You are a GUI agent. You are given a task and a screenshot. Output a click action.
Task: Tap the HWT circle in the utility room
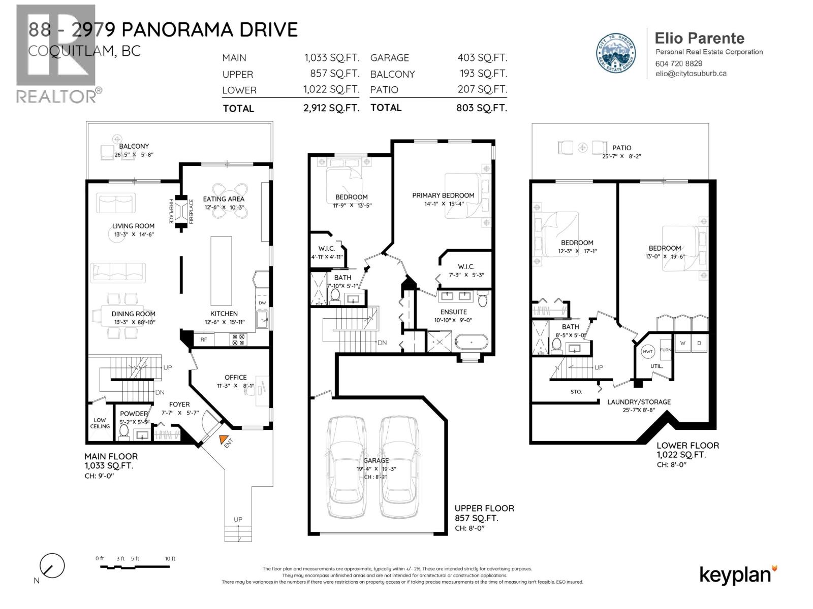[x=648, y=352]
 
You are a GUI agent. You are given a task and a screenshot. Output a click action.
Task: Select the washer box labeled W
[x=683, y=343]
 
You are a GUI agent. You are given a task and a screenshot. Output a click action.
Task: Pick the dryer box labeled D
[x=700, y=343]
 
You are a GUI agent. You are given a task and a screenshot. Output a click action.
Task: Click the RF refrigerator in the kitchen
[x=203, y=340]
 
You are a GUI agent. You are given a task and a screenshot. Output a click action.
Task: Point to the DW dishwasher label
[x=262, y=303]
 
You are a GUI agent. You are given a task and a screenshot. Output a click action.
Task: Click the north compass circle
[x=52, y=566]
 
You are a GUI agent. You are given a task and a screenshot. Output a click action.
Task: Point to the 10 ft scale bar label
[x=170, y=559]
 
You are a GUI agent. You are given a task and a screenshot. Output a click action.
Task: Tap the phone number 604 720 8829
[x=679, y=63]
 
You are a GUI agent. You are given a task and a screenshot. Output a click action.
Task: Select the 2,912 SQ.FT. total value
[x=331, y=108]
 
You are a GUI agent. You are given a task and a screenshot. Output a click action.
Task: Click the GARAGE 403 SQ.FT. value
[x=482, y=58]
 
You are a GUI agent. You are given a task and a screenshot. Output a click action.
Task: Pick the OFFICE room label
[x=235, y=378]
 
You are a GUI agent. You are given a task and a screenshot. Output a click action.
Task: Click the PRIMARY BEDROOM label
[x=443, y=195]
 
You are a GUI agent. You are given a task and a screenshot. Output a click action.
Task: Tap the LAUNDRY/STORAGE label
[x=639, y=402]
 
